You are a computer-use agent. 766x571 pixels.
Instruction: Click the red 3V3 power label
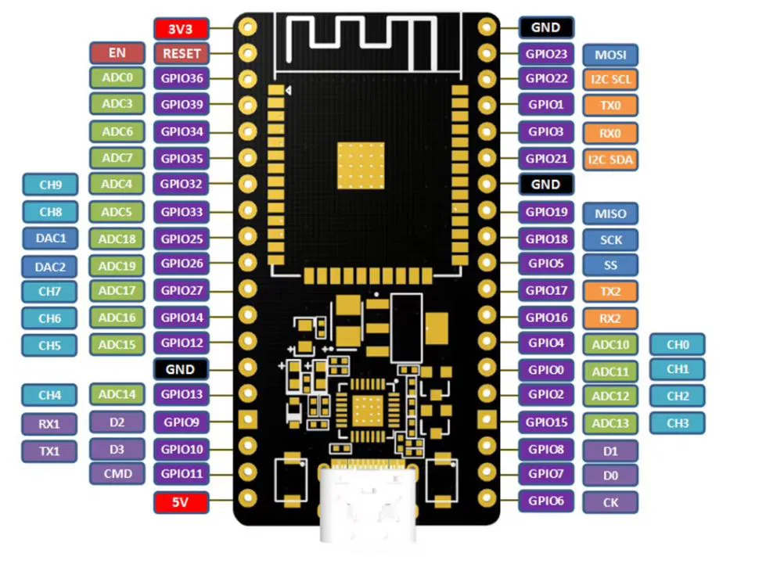181,29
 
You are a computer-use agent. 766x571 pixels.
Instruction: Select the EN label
117,53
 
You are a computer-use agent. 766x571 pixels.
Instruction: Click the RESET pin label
181,54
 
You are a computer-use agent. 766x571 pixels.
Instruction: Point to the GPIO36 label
181,78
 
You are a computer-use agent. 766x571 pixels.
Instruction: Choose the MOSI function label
610,55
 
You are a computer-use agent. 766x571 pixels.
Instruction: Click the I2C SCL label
610,79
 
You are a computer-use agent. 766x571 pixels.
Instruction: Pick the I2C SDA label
610,160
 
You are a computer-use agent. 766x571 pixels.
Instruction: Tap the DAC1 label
50,238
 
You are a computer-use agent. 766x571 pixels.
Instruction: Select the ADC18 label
117,239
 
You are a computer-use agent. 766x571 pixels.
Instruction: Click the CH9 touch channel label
50,185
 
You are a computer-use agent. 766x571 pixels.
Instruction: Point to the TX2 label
610,292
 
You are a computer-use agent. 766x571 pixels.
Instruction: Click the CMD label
117,473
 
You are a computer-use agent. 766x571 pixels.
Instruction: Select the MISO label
610,213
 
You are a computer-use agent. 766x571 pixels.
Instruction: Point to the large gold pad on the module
361,165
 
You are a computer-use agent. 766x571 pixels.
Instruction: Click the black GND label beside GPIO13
181,368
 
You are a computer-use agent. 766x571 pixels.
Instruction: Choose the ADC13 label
610,423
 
